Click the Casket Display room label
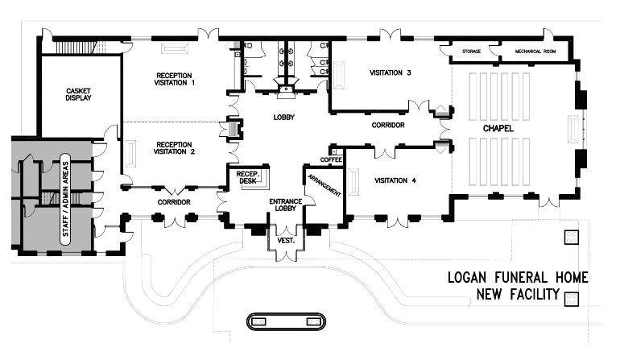[x=78, y=94]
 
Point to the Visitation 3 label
[x=391, y=73]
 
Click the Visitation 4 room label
[x=395, y=180]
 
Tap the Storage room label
[x=472, y=52]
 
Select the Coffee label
[x=332, y=160]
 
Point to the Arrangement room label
[x=323, y=184]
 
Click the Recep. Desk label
[x=246, y=178]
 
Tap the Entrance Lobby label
[x=285, y=205]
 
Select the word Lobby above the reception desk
[x=284, y=118]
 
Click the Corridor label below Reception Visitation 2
[x=173, y=201]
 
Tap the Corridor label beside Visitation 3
[x=387, y=126]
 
